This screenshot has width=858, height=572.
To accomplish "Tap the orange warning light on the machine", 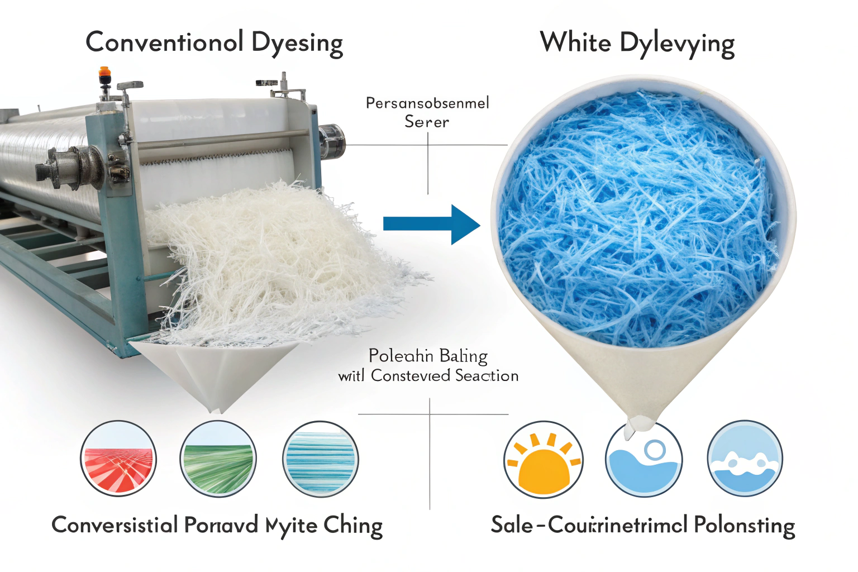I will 104,73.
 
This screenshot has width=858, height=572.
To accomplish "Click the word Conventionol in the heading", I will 164,42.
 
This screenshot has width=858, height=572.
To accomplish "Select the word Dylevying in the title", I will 676,44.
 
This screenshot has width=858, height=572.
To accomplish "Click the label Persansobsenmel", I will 427,103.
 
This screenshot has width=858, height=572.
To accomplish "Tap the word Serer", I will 427,122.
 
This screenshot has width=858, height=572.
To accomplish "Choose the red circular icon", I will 118,459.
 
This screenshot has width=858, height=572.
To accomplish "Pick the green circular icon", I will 218,459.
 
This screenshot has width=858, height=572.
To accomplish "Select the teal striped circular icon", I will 320,459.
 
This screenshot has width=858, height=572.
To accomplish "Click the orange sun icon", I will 543,459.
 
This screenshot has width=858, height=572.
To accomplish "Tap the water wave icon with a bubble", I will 643,459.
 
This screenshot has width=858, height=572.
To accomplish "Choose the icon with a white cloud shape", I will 745,459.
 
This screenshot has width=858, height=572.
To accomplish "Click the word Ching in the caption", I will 353,526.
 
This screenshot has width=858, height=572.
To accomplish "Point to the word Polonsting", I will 744,526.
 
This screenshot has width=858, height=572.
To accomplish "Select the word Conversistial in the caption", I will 115,525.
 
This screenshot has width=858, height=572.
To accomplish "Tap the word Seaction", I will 487,376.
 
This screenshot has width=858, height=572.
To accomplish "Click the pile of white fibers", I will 268,257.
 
